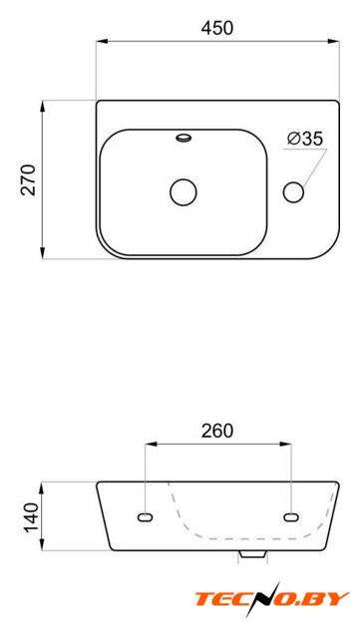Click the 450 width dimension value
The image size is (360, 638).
tap(217, 28)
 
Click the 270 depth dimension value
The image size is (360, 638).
tap(29, 179)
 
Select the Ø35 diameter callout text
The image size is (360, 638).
tap(304, 139)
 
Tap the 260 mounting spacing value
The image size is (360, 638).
tap(217, 431)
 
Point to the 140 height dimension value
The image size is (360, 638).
tap(31, 517)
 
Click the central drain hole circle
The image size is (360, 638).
tap(183, 192)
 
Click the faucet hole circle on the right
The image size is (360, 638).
tap(293, 192)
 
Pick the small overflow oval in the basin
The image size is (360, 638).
tap(183, 138)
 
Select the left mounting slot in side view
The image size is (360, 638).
tap(145, 517)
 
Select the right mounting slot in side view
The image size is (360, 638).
tap(291, 517)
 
